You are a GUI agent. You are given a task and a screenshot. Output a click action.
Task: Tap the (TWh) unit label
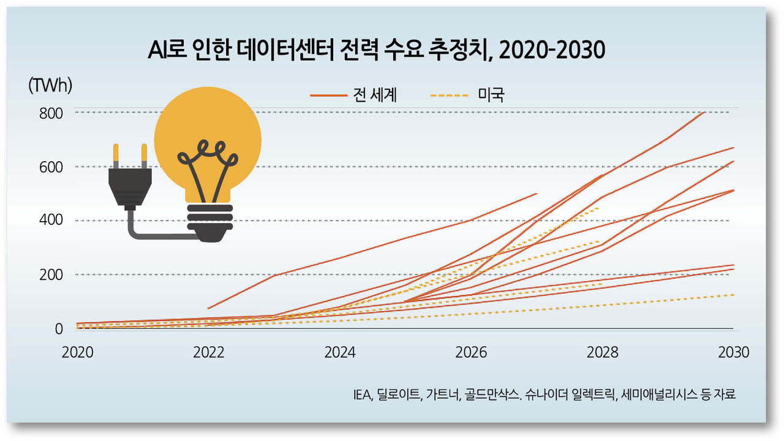click(x=50, y=86)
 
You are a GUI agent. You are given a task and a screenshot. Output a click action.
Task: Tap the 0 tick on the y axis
click(x=59, y=329)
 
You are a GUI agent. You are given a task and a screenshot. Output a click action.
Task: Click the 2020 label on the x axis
click(x=77, y=353)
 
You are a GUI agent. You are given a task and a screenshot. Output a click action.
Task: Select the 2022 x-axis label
click(x=208, y=353)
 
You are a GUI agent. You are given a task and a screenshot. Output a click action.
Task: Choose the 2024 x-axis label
click(x=340, y=353)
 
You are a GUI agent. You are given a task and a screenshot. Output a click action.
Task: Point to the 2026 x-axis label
click(x=471, y=353)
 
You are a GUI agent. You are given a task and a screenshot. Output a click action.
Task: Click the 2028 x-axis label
click(x=602, y=353)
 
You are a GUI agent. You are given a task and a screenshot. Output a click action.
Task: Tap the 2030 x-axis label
click(x=733, y=353)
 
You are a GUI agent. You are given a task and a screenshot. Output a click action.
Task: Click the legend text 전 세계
click(x=375, y=95)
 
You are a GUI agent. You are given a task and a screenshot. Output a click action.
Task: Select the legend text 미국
click(x=490, y=95)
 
